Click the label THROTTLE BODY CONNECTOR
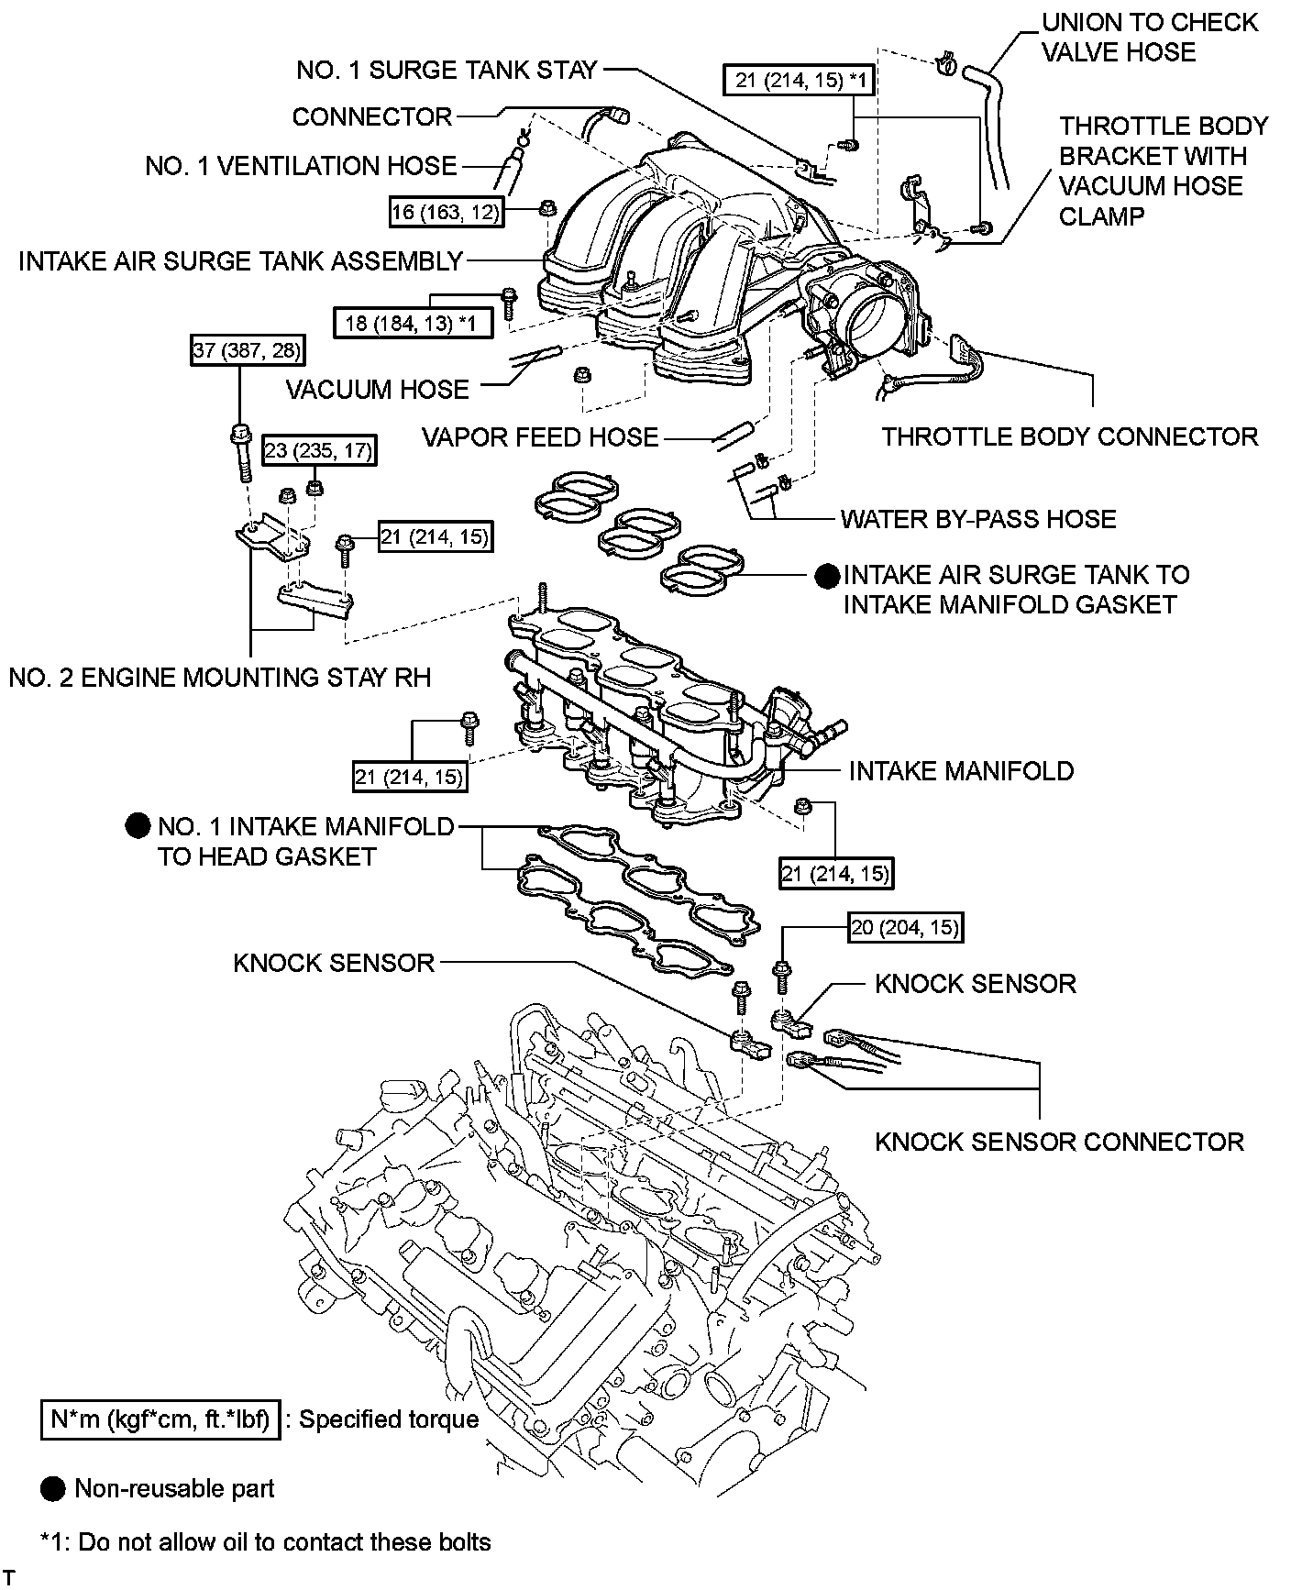[1069, 436]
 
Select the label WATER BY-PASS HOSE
[978, 519]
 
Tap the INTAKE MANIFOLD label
[961, 770]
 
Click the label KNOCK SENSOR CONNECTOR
[1059, 1142]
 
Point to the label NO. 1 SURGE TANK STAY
[447, 70]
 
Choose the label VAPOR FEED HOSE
[540, 437]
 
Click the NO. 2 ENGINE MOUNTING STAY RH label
[219, 678]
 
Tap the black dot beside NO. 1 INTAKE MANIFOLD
[138, 826]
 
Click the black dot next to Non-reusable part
[54, 1488]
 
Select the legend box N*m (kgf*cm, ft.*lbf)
[160, 1420]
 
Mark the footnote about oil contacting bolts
[266, 1542]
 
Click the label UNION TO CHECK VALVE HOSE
[1150, 37]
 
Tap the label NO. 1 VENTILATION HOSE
[301, 166]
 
